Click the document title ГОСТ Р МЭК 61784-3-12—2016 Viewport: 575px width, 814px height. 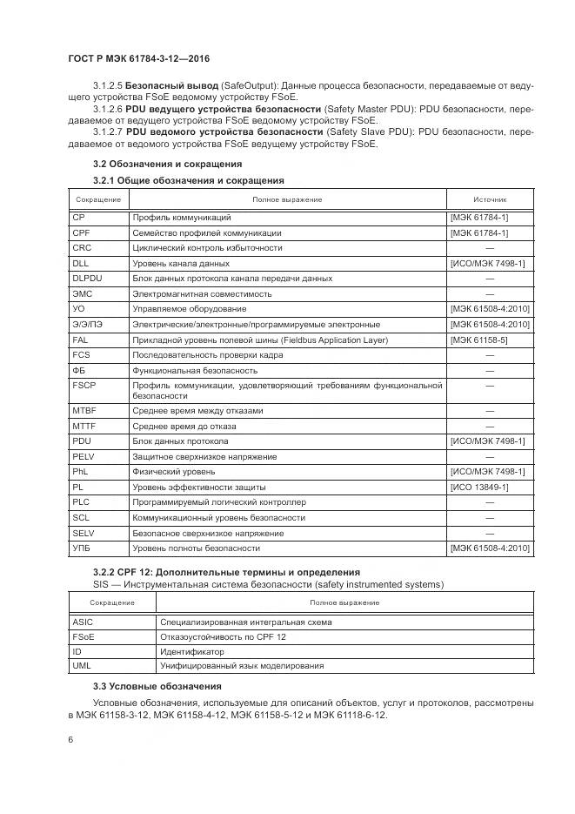pos(139,59)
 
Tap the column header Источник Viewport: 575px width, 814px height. pos(490,199)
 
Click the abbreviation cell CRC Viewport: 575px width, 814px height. pos(81,247)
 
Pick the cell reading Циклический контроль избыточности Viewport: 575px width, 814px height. pos(207,247)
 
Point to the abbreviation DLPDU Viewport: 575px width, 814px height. pos(87,278)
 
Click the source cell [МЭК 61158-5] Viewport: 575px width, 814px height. pos(478,340)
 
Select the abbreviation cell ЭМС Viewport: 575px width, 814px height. pos(82,293)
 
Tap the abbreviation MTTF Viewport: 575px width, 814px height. pos(84,426)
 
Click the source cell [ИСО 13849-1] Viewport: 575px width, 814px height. pos(479,487)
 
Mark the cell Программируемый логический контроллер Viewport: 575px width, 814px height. pos(218,502)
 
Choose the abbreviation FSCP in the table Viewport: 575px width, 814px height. pos(84,384)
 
